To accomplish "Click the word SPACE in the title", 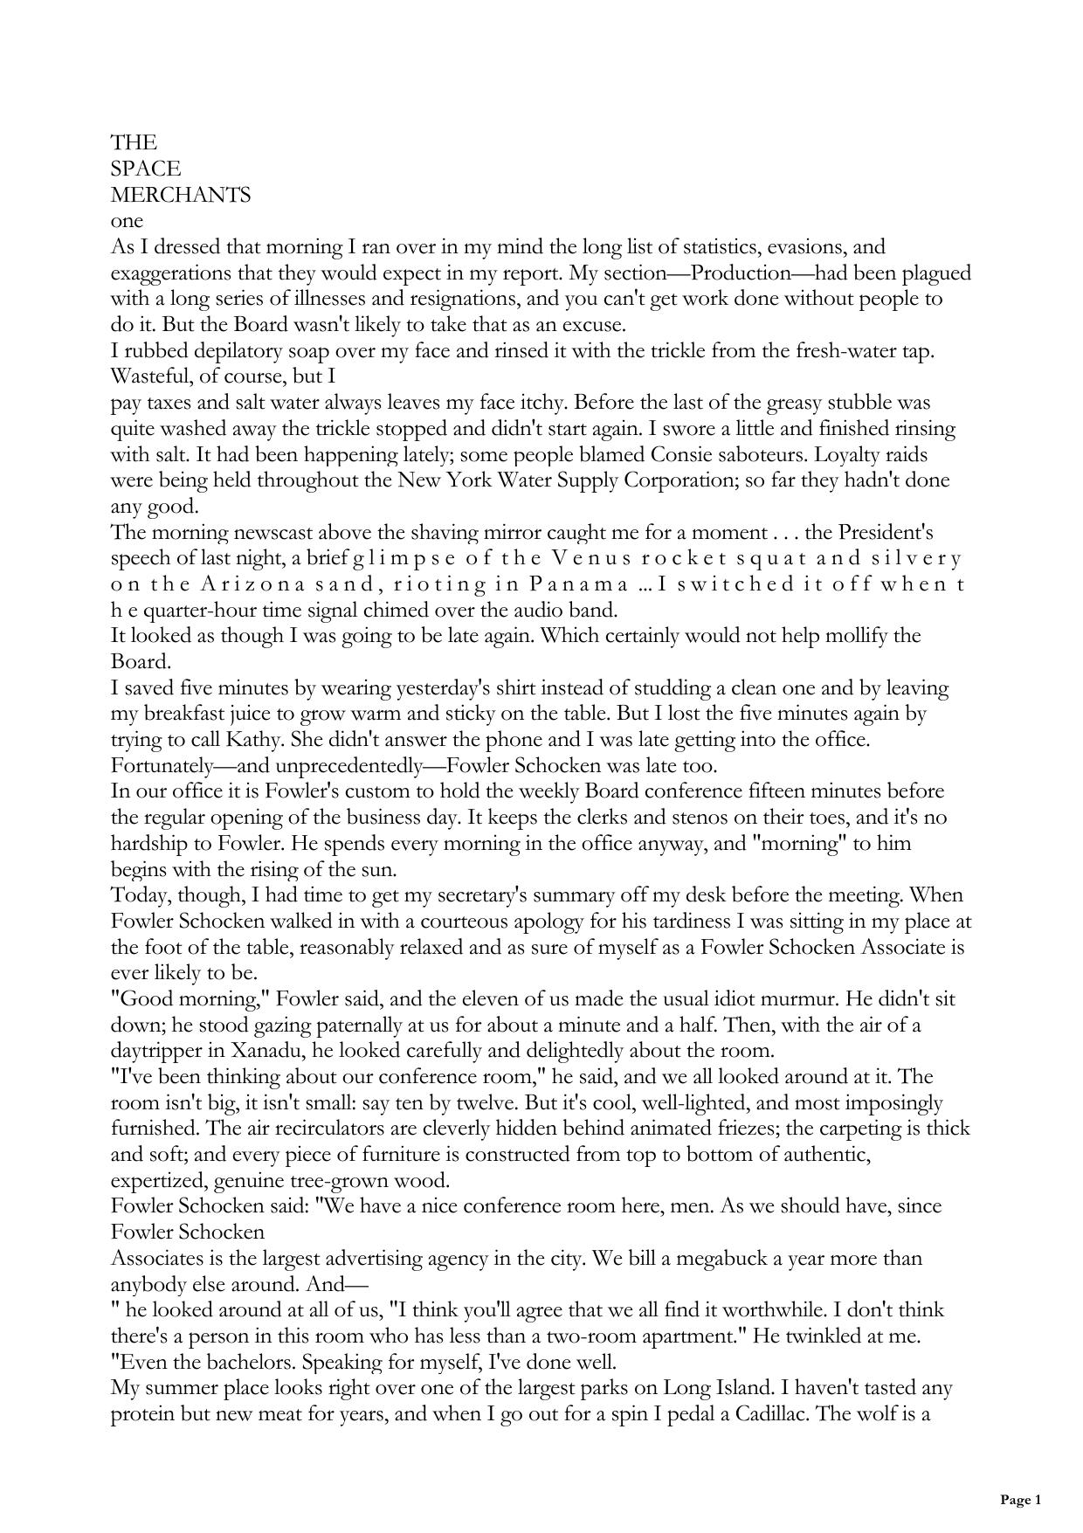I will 146,169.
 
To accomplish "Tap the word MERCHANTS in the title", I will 181,195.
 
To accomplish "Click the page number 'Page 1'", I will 1020,1500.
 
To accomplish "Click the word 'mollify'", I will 852,635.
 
